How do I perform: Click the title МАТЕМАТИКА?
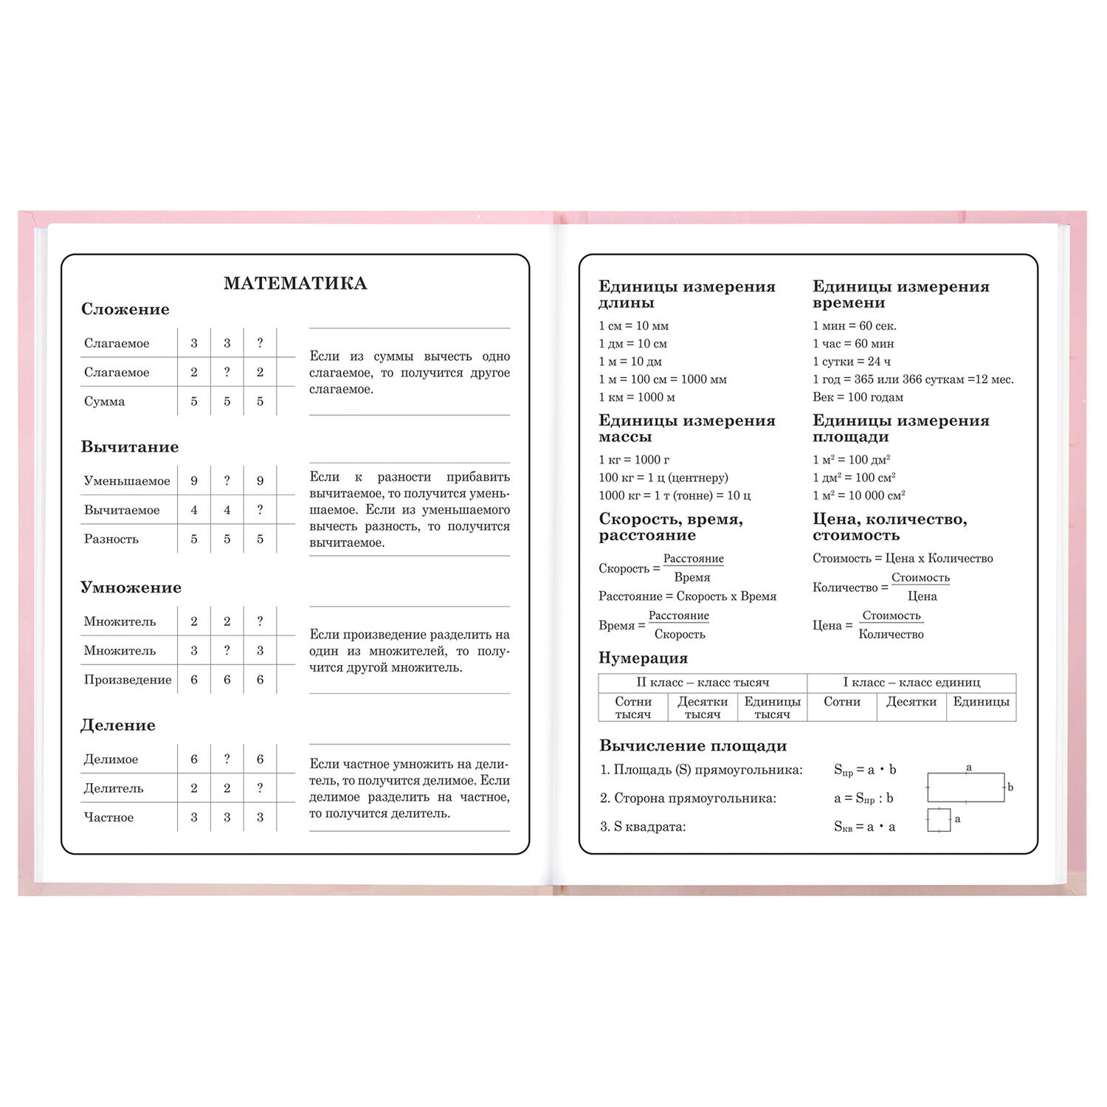click(295, 283)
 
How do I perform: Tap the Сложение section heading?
click(125, 309)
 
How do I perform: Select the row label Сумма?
click(104, 401)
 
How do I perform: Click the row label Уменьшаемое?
click(126, 481)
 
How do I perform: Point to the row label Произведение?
click(127, 680)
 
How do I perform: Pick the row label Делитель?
click(113, 788)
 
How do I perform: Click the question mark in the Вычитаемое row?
click(260, 510)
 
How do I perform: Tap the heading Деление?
click(117, 725)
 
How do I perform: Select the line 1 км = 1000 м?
click(636, 397)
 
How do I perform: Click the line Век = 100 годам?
click(858, 397)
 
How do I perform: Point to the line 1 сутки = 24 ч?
click(851, 362)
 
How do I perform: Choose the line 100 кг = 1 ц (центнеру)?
click(663, 477)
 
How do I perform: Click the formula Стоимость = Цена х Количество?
click(903, 559)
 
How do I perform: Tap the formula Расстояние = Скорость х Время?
click(687, 596)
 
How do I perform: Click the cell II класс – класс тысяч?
click(703, 683)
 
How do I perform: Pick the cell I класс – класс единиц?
click(911, 683)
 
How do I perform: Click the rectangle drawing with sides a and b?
click(965, 787)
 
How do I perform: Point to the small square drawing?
click(939, 820)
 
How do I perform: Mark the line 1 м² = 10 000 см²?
click(858, 495)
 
